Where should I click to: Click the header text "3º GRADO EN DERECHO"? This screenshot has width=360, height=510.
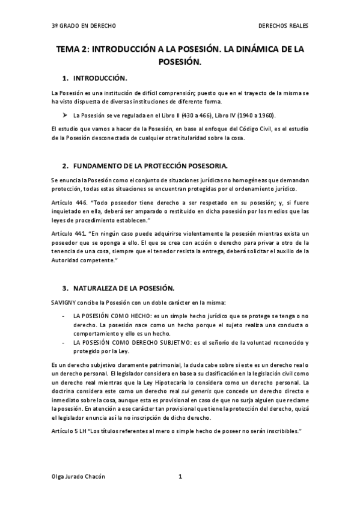[x=84, y=27]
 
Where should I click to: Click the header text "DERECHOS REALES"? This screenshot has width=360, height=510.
[x=282, y=27]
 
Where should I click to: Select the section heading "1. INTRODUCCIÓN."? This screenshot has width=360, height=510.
[x=96, y=79]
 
